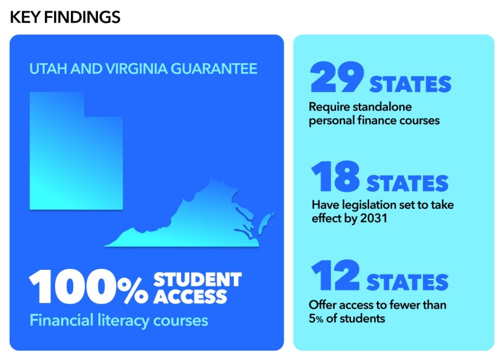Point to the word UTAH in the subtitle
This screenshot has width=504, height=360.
click(x=48, y=68)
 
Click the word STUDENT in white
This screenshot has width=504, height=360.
click(x=197, y=279)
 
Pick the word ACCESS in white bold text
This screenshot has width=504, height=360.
click(x=190, y=296)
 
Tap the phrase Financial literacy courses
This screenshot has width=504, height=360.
click(x=119, y=321)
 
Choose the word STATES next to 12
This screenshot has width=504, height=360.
click(x=408, y=283)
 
